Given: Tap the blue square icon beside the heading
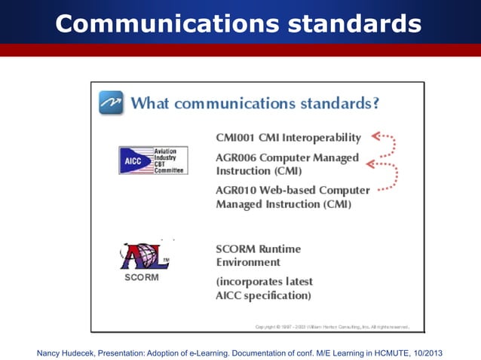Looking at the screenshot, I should pyautogui.click(x=111, y=102).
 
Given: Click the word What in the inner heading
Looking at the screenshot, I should pyautogui.click(x=153, y=102).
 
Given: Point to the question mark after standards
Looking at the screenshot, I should pyautogui.click(x=374, y=102).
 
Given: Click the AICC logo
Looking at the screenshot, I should pyautogui.click(x=153, y=160).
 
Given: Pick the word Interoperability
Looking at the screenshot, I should pyautogui.click(x=322, y=138).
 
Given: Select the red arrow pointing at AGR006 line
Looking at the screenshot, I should pyautogui.click(x=378, y=163).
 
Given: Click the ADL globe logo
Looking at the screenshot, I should pyautogui.click(x=147, y=256).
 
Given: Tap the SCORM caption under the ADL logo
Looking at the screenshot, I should pyautogui.click(x=142, y=277).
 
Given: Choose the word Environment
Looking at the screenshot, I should pyautogui.click(x=248, y=262).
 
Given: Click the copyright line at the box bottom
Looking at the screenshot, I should pyautogui.click(x=332, y=327).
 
